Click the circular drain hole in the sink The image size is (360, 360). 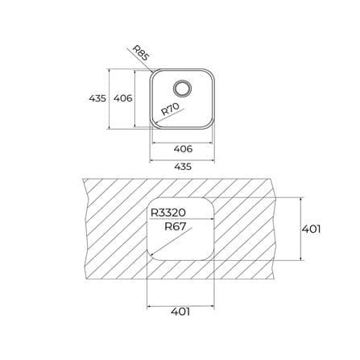click(183, 88)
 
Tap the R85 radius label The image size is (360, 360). click(141, 52)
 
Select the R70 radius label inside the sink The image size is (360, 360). click(170, 110)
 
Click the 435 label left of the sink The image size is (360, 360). click(97, 98)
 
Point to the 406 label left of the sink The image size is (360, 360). click(123, 98)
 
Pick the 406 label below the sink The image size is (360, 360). click(183, 149)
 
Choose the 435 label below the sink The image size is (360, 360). click(183, 167)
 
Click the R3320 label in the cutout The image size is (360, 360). click(168, 213)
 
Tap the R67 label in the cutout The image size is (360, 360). click(175, 226)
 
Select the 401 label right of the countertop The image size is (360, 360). click(311, 229)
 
